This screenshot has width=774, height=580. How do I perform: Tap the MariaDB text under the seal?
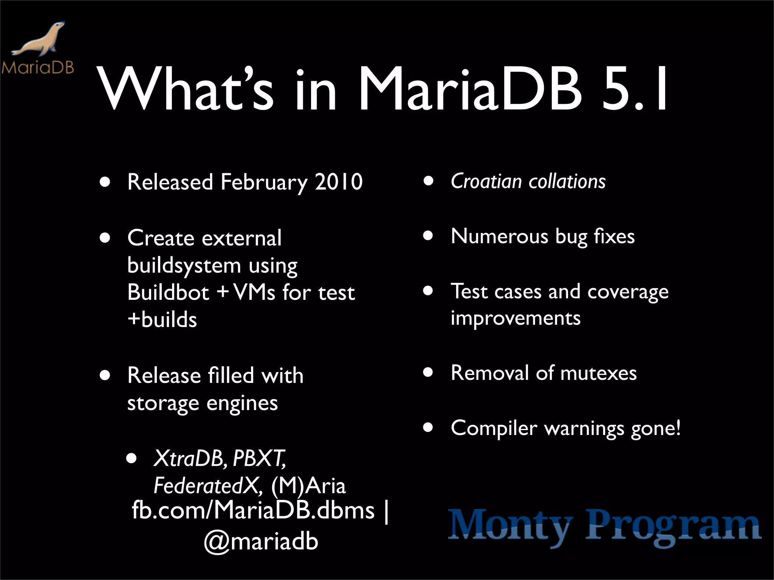(38, 68)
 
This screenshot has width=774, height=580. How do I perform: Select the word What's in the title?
(185, 91)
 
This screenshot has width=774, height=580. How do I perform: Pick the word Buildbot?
(168, 292)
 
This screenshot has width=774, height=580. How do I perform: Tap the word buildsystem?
(184, 266)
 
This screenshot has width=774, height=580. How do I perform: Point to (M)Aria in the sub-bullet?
(308, 486)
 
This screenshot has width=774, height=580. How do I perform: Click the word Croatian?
(486, 181)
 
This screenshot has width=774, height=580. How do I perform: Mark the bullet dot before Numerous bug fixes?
(428, 236)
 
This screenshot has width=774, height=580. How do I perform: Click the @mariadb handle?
(261, 541)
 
